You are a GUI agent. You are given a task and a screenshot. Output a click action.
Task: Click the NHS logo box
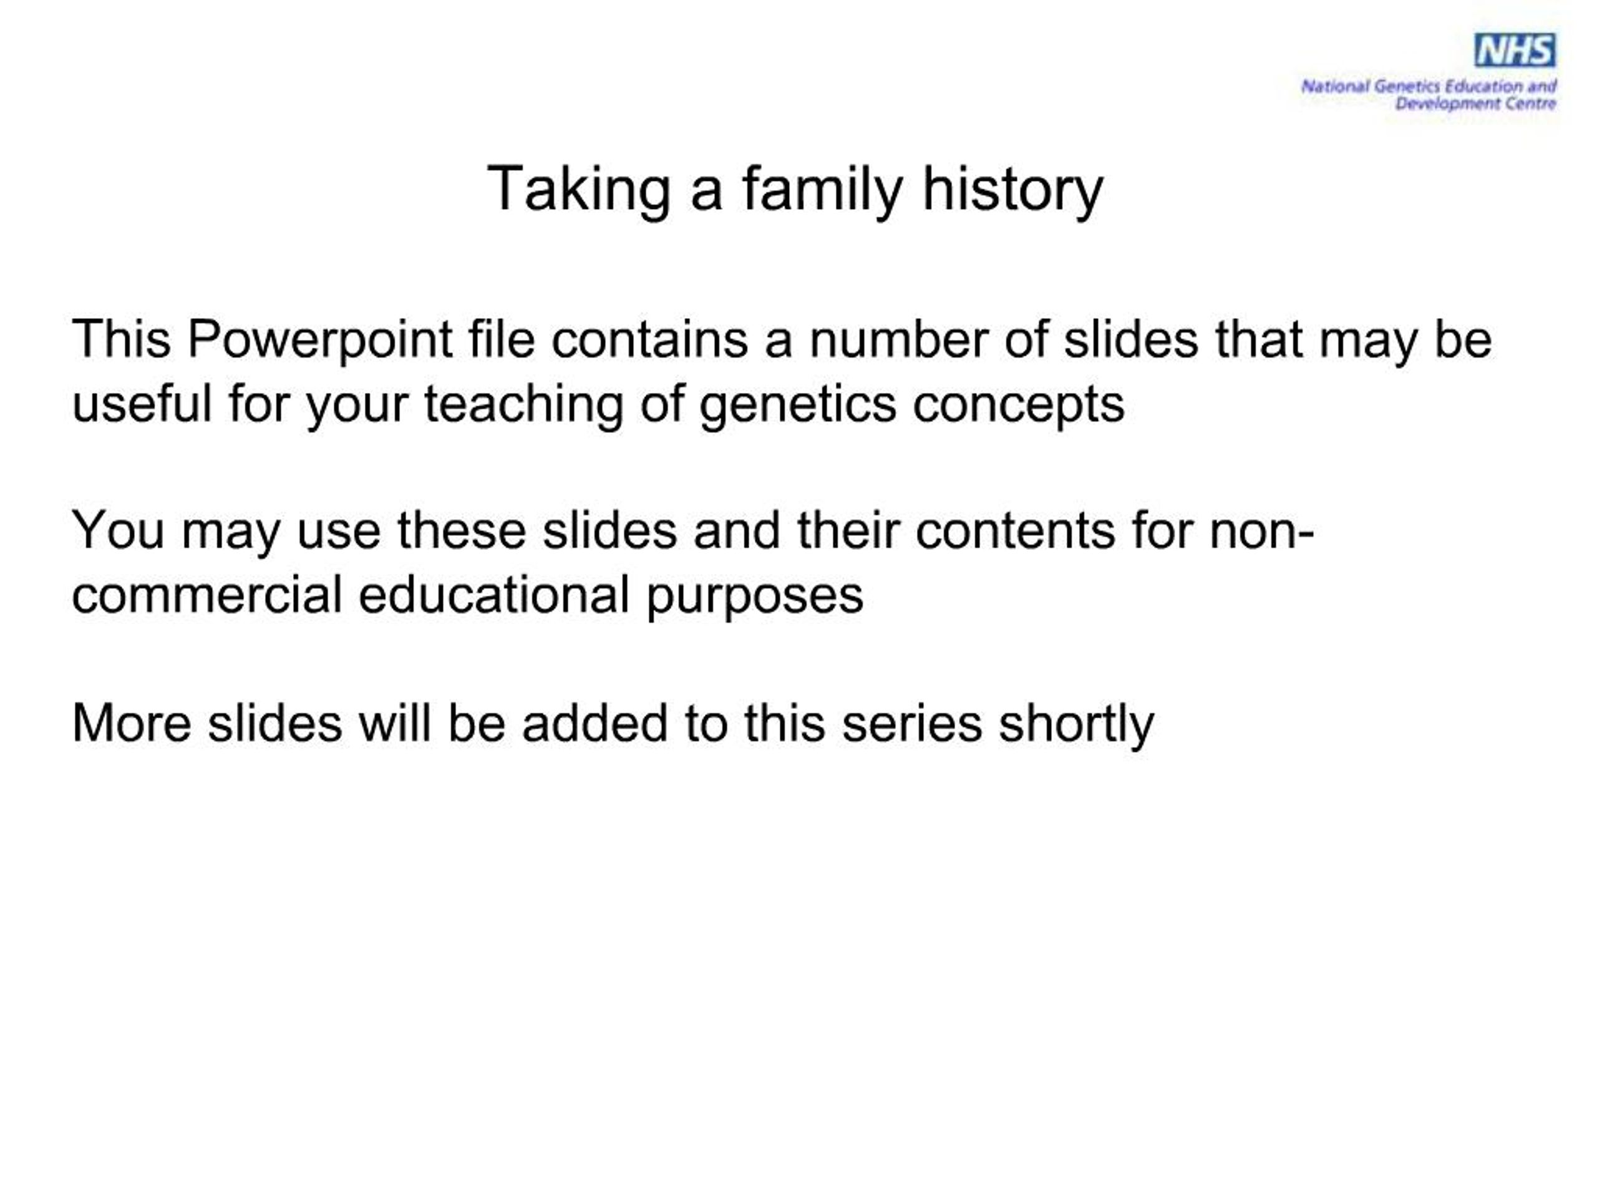pos(1514,51)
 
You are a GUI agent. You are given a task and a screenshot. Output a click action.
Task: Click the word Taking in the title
pos(578,190)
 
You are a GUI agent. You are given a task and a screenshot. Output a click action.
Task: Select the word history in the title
pos(1012,190)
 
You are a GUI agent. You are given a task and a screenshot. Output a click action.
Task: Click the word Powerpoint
pos(319,339)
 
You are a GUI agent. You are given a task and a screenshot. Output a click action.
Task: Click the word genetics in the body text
pos(797,404)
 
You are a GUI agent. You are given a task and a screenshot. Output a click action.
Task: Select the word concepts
pos(1018,404)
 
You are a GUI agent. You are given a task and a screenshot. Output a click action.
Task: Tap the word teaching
pos(523,404)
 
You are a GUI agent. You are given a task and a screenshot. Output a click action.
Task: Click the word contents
pos(1015,531)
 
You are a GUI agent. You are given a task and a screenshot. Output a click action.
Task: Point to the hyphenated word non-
pos(1261,531)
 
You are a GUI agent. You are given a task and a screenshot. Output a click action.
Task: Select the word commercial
pos(206,595)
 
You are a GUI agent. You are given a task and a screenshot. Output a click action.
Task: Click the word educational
pos(493,595)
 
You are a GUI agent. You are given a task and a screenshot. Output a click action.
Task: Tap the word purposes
pos(754,597)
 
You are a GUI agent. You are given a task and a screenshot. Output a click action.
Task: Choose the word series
pos(911,724)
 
